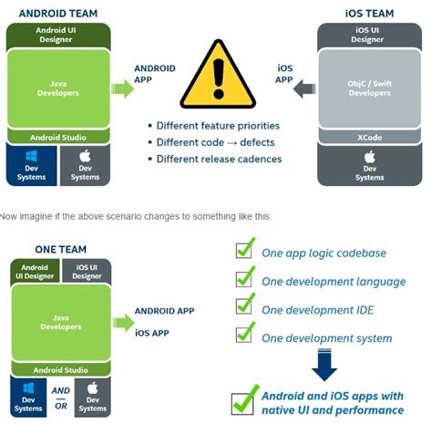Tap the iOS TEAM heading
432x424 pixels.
(370, 12)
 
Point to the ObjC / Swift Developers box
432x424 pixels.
(369, 88)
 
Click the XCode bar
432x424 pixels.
(369, 136)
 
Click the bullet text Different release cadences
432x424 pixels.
(219, 160)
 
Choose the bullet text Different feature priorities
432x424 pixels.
(218, 126)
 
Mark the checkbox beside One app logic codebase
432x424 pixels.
(244, 252)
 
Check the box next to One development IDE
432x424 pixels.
(244, 309)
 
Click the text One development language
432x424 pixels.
(334, 282)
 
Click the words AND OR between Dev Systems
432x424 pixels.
(58, 398)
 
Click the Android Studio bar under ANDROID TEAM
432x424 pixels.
(58, 137)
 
